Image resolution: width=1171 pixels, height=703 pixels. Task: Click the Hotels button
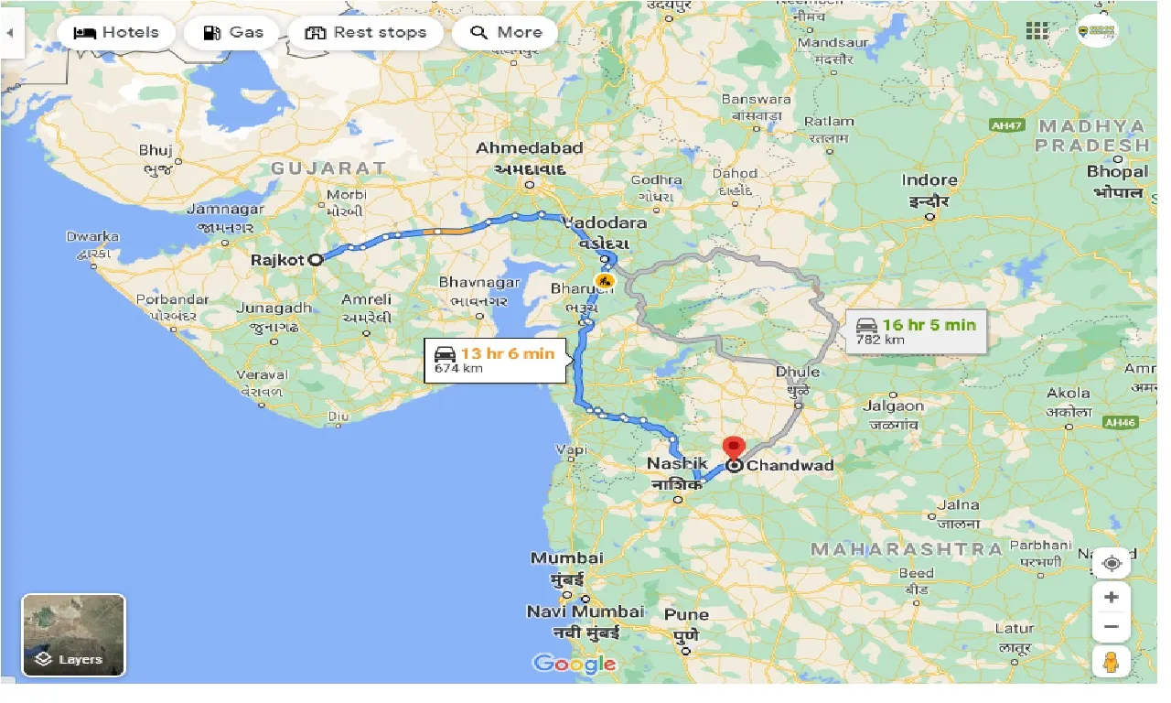tap(115, 33)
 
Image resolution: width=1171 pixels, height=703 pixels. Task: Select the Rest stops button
tap(365, 33)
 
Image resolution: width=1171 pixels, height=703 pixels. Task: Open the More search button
tap(505, 33)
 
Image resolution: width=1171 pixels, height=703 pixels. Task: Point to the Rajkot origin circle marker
tap(316, 259)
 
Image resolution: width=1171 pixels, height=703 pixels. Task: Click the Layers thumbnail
tap(73, 635)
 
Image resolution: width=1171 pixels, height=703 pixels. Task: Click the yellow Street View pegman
tap(1111, 661)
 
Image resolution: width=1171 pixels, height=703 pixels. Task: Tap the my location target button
tap(1111, 563)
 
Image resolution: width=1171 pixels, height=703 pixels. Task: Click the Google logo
tap(574, 664)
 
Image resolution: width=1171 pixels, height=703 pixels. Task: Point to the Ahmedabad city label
tap(529, 148)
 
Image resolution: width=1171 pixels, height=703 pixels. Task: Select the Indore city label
tap(929, 180)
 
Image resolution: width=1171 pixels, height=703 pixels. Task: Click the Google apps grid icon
tap(1037, 31)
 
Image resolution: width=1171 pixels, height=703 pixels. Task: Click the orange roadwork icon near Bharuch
tap(604, 280)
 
